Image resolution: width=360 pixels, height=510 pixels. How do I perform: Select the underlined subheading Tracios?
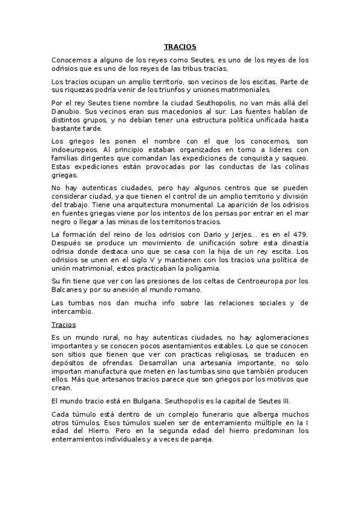click(64, 324)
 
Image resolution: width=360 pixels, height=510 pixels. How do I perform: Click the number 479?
click(301, 234)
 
